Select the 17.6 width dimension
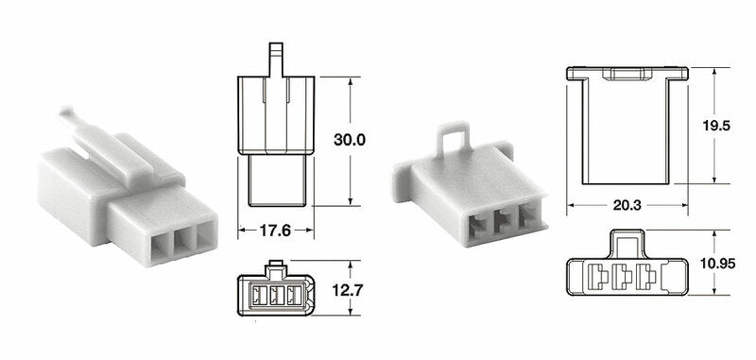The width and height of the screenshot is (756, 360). click(275, 228)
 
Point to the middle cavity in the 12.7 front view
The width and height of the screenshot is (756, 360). click(276, 295)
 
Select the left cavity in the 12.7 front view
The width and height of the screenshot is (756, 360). click(258, 295)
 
